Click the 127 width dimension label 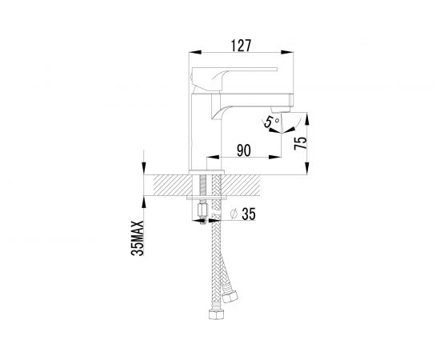[x=241, y=46]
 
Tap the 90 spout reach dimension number [x=243, y=150]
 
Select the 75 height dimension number [x=300, y=143]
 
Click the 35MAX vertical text [x=138, y=238]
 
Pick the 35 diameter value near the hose [x=249, y=214]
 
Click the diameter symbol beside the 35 [x=234, y=214]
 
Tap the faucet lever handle [x=234, y=79]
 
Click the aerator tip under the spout [x=276, y=110]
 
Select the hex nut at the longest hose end [x=215, y=314]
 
